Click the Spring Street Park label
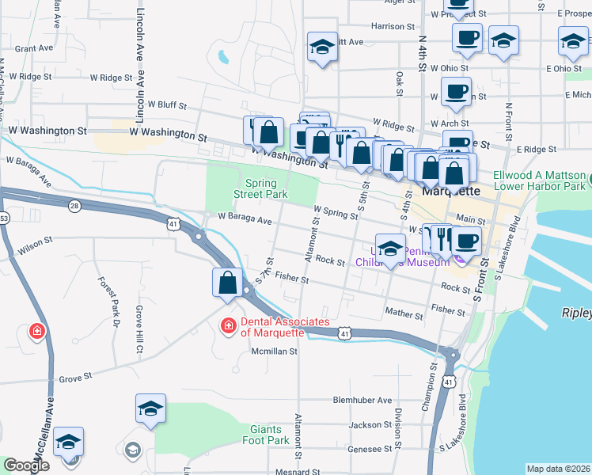(x=260, y=188)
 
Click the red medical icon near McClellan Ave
(x=37, y=331)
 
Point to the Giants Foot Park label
(x=265, y=434)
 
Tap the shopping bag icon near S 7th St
(x=227, y=283)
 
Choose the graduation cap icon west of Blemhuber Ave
(x=150, y=408)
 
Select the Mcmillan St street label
(x=274, y=351)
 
